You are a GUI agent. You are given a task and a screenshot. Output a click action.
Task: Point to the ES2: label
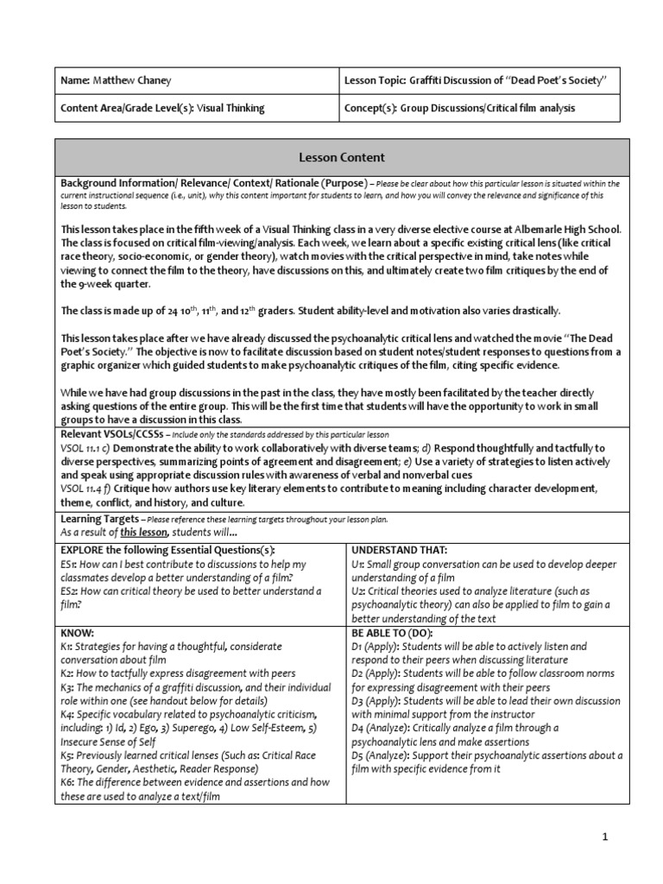[x=71, y=591]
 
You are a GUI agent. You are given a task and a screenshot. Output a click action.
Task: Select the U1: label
[x=358, y=564]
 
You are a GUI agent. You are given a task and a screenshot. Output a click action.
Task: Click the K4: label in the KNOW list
[x=68, y=715]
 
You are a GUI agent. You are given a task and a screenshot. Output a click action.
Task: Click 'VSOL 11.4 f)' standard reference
[x=91, y=489]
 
